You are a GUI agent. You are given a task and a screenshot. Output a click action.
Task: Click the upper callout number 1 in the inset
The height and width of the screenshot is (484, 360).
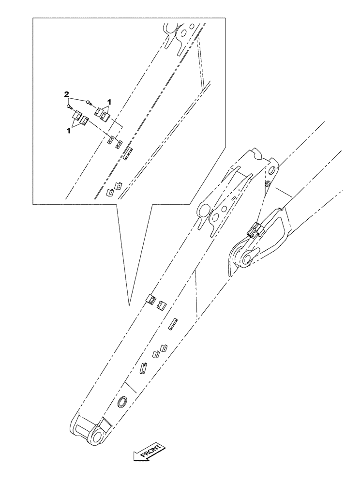click(110, 102)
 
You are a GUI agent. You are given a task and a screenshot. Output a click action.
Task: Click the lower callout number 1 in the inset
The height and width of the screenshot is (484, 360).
click(68, 130)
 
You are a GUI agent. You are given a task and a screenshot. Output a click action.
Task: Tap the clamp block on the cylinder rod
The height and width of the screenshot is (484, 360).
click(255, 230)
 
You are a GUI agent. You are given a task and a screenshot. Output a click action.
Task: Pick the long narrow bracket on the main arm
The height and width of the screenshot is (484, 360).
click(173, 324)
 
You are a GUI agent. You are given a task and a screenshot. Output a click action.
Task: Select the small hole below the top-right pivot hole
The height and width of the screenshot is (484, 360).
click(268, 184)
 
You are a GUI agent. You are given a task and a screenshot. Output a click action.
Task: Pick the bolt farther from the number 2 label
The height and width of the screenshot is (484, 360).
click(89, 102)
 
